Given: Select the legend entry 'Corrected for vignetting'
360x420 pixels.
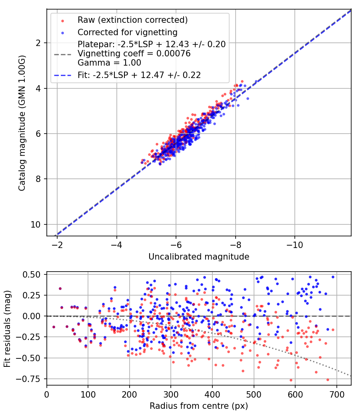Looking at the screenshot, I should (x=128, y=32).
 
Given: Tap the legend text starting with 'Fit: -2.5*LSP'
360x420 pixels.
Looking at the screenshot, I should (x=139, y=75).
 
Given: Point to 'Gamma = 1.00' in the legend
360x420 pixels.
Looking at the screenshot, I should (x=109, y=63).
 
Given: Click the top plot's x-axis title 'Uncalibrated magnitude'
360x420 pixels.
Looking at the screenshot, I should (x=199, y=257).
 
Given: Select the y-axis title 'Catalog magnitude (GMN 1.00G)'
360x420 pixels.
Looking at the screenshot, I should (x=22, y=122).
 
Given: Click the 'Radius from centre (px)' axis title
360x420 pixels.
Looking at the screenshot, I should (x=199, y=406).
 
